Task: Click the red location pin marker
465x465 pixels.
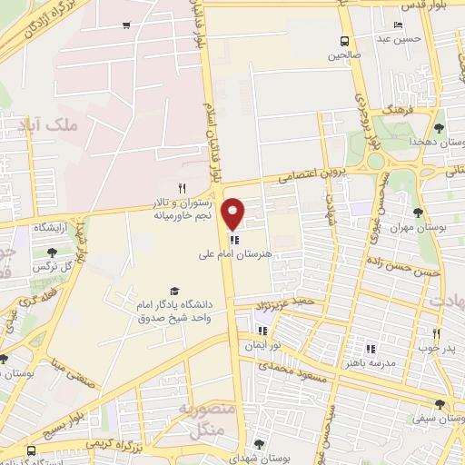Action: pos(233,213)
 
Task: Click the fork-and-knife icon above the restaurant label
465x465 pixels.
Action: pos(182,188)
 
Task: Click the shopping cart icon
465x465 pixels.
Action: pos(124,25)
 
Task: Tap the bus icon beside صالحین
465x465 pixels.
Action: pos(345,41)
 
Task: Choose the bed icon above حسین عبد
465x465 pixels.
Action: pos(398,25)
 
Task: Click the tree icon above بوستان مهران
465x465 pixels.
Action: pos(418,213)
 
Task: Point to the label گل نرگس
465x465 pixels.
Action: pos(51,267)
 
